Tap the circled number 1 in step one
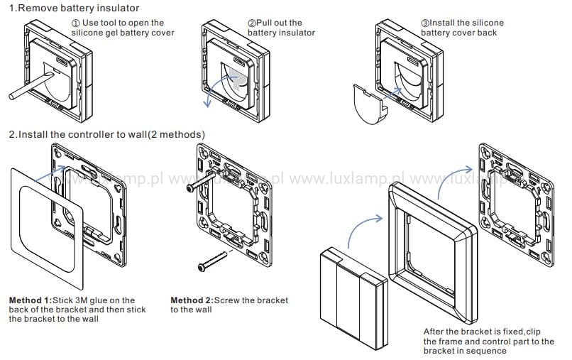[x=76, y=23]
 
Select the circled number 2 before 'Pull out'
[x=252, y=23]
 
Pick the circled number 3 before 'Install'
[x=426, y=23]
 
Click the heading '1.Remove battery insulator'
[x=73, y=8]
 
